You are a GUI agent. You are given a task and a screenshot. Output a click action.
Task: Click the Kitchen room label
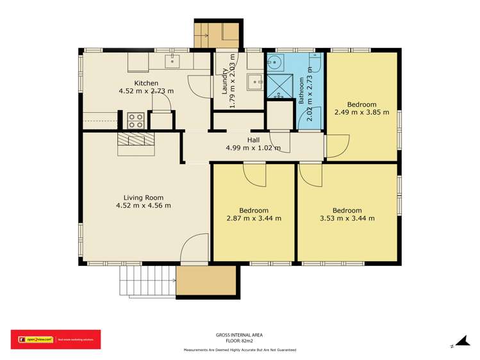click(146, 83)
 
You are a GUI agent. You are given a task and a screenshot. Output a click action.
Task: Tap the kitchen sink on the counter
click(172, 61)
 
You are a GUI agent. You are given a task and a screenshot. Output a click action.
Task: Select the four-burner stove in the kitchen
click(135, 120)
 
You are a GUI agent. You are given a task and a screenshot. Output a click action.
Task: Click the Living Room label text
click(144, 197)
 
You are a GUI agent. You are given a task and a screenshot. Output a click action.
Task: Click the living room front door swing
click(195, 247)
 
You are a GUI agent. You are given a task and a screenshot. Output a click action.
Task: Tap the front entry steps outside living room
click(147, 281)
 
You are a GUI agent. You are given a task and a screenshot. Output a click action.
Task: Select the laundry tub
click(255, 81)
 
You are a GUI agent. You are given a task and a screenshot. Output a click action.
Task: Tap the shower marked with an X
click(279, 86)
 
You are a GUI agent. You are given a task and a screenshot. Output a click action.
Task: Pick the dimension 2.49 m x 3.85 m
click(361, 111)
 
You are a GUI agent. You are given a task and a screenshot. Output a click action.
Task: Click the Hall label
click(253, 140)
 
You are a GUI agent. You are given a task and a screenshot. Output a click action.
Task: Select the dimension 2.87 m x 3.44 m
click(253, 218)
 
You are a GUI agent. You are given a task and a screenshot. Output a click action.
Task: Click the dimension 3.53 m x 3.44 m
click(347, 218)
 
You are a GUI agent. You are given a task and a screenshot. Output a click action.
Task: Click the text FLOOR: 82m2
click(239, 341)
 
